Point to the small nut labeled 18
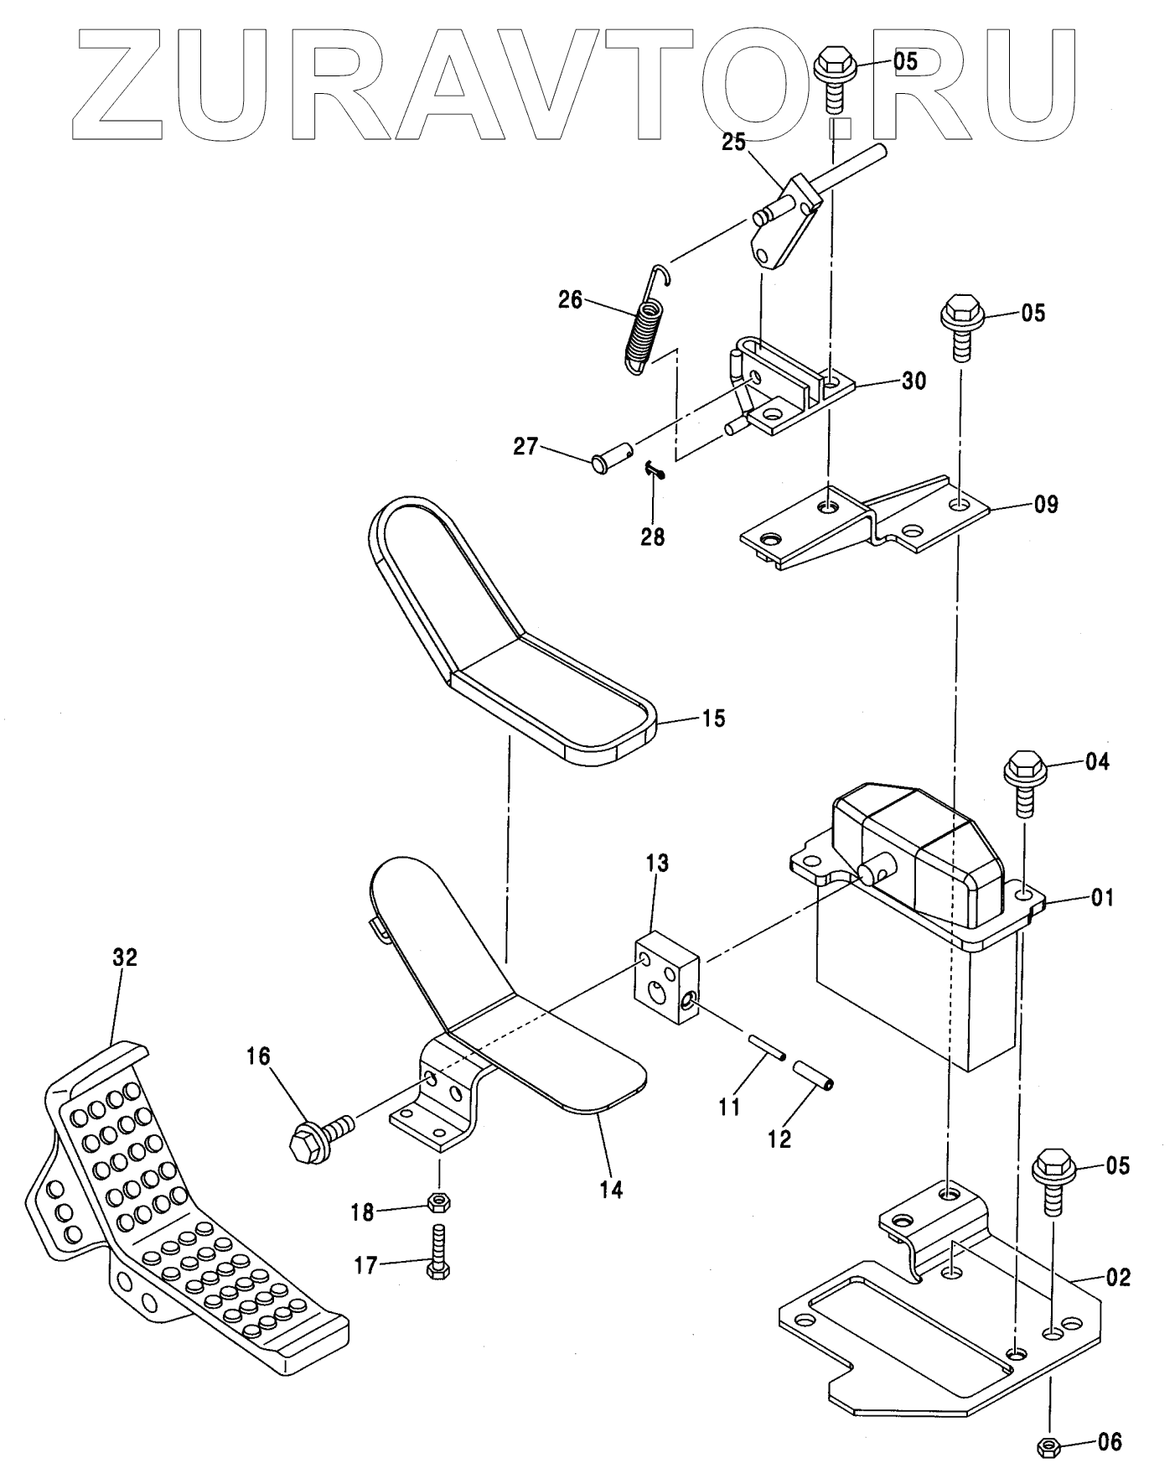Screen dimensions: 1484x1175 pos(436,1202)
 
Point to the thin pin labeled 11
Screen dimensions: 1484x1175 pos(766,1047)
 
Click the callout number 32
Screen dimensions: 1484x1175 pos(125,957)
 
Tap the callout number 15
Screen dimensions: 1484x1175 pos(713,719)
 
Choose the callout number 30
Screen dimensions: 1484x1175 pos(914,381)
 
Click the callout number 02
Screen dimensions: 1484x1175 pos(1117,1278)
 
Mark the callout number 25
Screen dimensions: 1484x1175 pos(733,143)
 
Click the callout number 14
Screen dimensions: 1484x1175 pos(611,1189)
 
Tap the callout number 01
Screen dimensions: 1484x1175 pos(1102,898)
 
